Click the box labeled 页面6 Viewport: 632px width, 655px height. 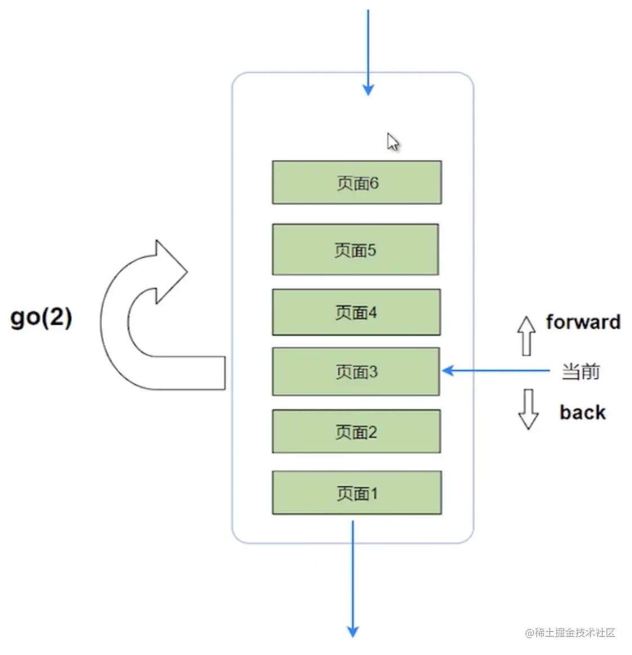pyautogui.click(x=357, y=182)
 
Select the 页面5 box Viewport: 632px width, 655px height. pyautogui.click(x=355, y=250)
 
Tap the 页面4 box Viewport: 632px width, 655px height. pyautogui.click(x=356, y=312)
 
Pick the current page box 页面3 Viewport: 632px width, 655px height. pyautogui.click(x=356, y=371)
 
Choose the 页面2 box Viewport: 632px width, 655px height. pyautogui.click(x=356, y=432)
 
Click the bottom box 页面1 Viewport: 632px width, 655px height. pyautogui.click(x=357, y=493)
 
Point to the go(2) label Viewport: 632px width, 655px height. pyautogui.click(x=41, y=318)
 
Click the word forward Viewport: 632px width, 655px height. pyautogui.click(x=583, y=322)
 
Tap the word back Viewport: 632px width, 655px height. pyautogui.click(x=582, y=413)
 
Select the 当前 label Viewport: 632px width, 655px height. pyautogui.click(x=580, y=371)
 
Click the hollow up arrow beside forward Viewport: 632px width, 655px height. pyautogui.click(x=526, y=335)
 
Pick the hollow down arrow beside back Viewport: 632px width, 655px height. pyautogui.click(x=528, y=409)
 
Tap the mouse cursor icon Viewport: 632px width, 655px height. pyautogui.click(x=393, y=142)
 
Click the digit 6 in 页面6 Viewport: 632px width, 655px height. pyautogui.click(x=374, y=183)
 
